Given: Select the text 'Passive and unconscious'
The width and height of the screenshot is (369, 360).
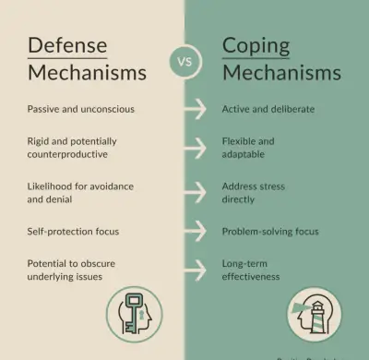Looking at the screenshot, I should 80,109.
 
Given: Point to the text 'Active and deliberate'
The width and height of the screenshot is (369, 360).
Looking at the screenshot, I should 268,109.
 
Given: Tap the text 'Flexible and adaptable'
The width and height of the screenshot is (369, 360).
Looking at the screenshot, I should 248,148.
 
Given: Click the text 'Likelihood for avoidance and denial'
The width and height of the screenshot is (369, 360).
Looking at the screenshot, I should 80,192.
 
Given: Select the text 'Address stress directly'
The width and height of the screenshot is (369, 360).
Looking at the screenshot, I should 253,192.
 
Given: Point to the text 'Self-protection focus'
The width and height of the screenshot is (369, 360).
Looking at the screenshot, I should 73,231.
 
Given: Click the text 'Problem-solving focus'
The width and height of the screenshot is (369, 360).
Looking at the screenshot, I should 268,231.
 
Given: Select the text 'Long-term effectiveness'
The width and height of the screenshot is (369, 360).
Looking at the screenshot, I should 250,270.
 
